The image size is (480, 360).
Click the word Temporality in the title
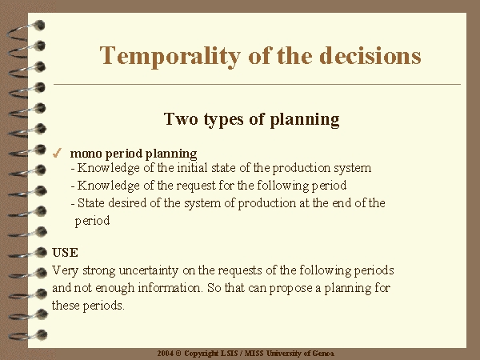[170, 56]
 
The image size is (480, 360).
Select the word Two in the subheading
[181, 118]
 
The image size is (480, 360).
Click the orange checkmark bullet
[57, 153]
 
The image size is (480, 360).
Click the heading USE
[65, 253]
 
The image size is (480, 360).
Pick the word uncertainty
[149, 270]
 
